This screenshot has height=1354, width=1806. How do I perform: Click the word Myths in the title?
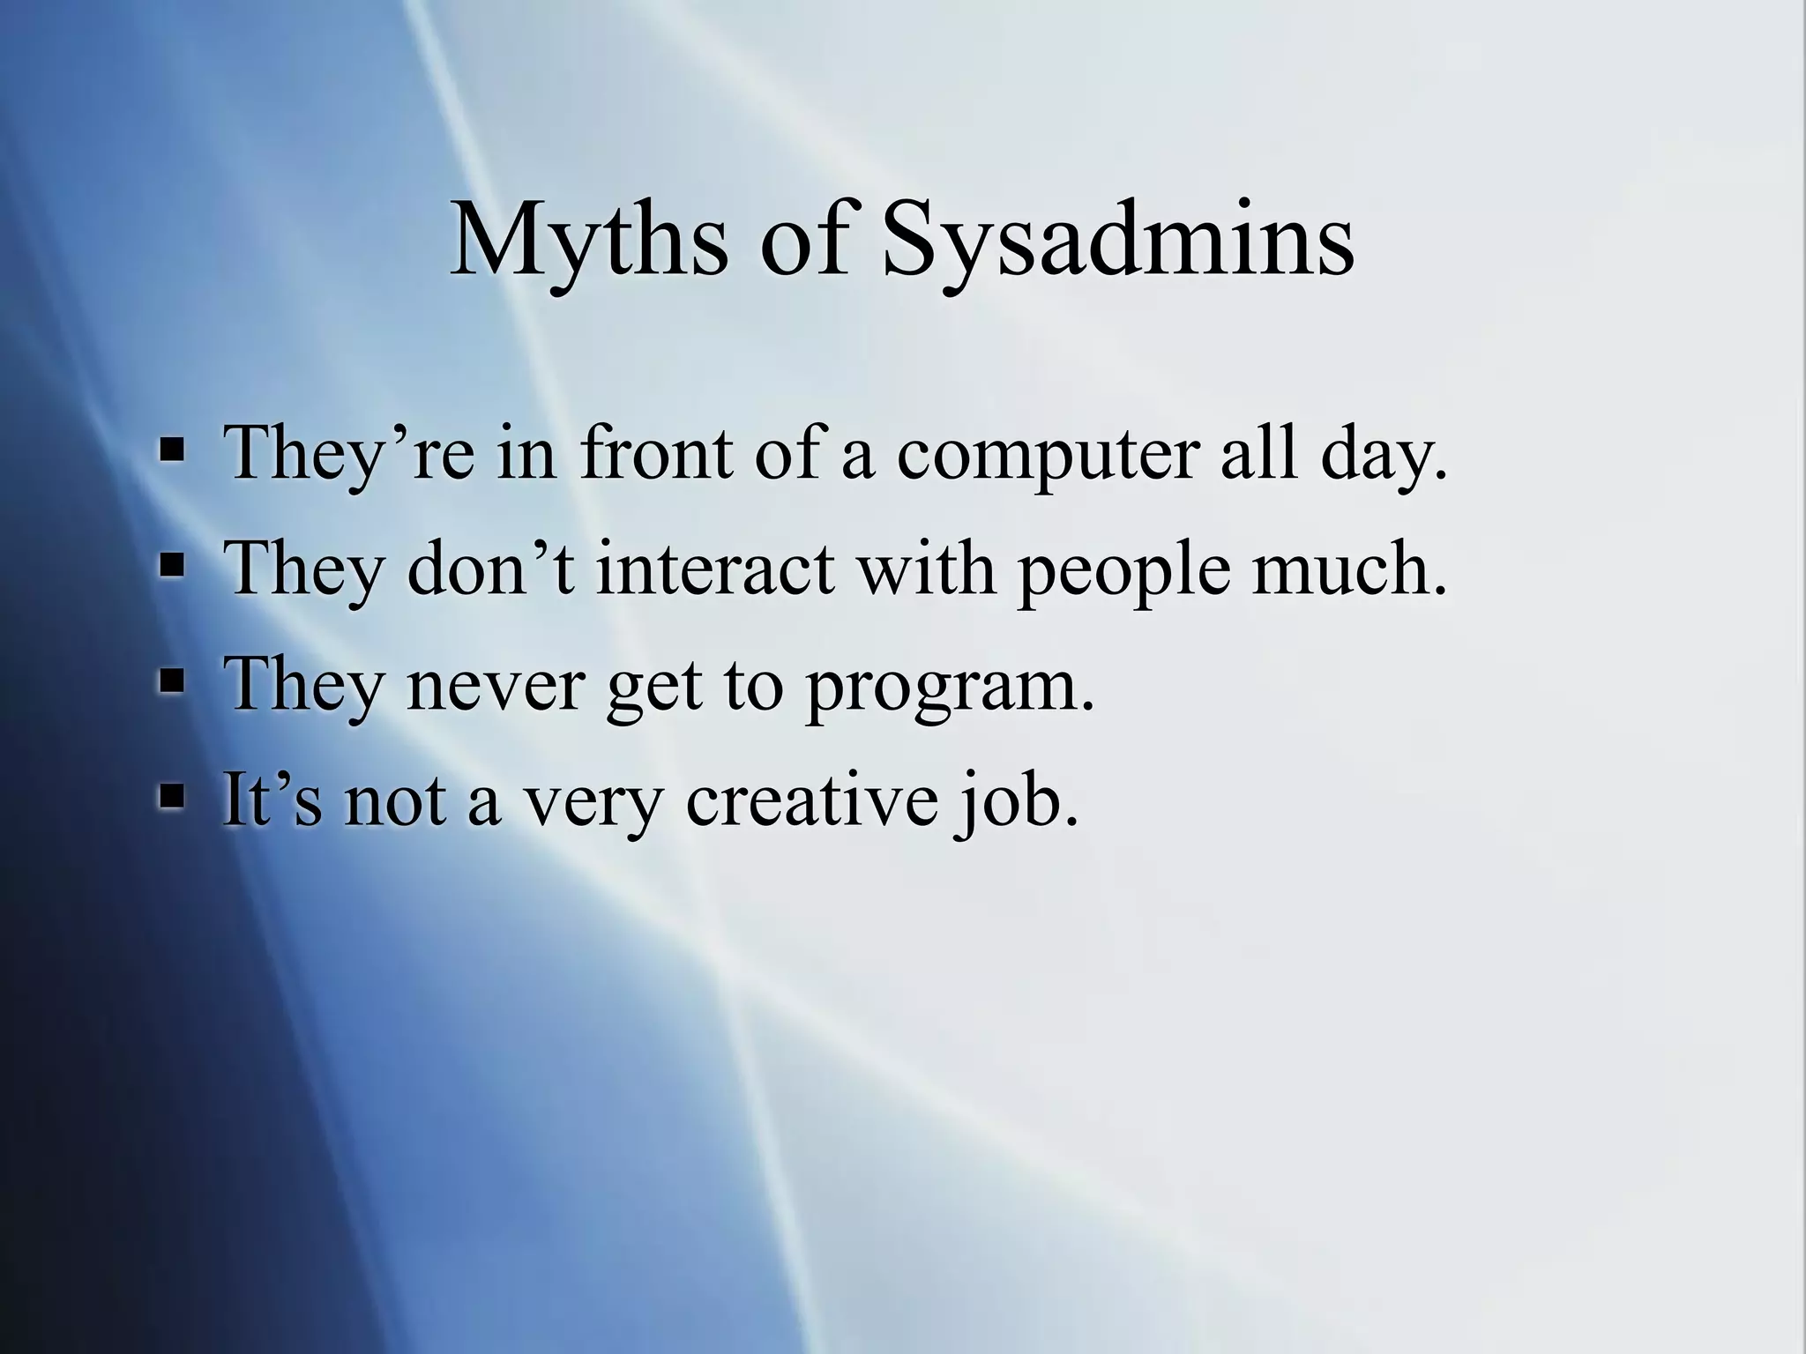[588, 240]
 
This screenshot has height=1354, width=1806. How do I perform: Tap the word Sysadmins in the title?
[1117, 240]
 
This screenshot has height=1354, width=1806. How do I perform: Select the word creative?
[811, 799]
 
